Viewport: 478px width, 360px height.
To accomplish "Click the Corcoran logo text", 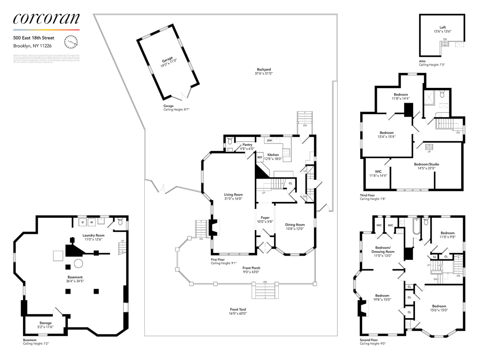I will [x=46, y=19].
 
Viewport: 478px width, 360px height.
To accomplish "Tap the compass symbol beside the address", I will [x=71, y=42].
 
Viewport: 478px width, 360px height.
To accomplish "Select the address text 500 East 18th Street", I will [x=34, y=38].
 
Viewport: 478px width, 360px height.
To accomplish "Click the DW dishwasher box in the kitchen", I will [x=270, y=140].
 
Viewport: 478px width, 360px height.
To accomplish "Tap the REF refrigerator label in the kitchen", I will [x=260, y=157].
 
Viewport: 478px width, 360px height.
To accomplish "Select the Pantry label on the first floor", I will [x=247, y=145].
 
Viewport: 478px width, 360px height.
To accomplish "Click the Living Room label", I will [x=233, y=195].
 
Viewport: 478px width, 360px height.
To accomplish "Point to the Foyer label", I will [x=265, y=218].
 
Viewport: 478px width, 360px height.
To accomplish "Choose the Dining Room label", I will [x=295, y=225].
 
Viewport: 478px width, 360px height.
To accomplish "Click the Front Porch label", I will [x=251, y=268].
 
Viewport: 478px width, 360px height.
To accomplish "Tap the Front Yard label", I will [x=238, y=309].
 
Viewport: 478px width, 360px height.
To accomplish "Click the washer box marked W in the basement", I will [x=91, y=222].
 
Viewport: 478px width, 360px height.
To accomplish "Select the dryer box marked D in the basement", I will [x=83, y=222].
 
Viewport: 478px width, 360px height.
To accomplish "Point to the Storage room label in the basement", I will [x=45, y=323].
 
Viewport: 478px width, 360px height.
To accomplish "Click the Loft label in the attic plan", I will [x=442, y=27].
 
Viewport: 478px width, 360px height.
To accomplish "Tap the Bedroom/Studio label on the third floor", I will [x=427, y=164].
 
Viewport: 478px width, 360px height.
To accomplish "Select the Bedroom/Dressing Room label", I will [x=383, y=249].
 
